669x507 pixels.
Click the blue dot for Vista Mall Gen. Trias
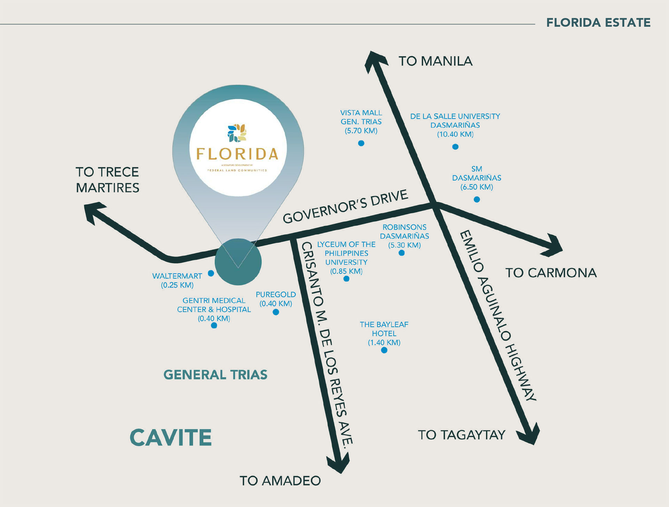click(361, 143)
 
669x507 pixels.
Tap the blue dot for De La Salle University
click(455, 147)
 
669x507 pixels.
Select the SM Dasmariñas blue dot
click(477, 200)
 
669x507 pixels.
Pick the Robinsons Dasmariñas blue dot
click(401, 253)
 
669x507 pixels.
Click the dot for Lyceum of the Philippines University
click(346, 279)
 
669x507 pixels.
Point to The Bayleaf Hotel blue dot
click(384, 350)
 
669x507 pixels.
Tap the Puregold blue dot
click(276, 312)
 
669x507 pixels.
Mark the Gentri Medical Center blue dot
click(214, 326)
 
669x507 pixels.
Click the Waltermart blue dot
click(211, 273)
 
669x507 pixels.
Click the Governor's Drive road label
click(345, 207)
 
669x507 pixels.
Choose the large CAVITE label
click(171, 438)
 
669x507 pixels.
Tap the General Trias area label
click(215, 375)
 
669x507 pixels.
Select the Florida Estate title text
click(598, 23)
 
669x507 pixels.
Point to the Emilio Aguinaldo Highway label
click(498, 315)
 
